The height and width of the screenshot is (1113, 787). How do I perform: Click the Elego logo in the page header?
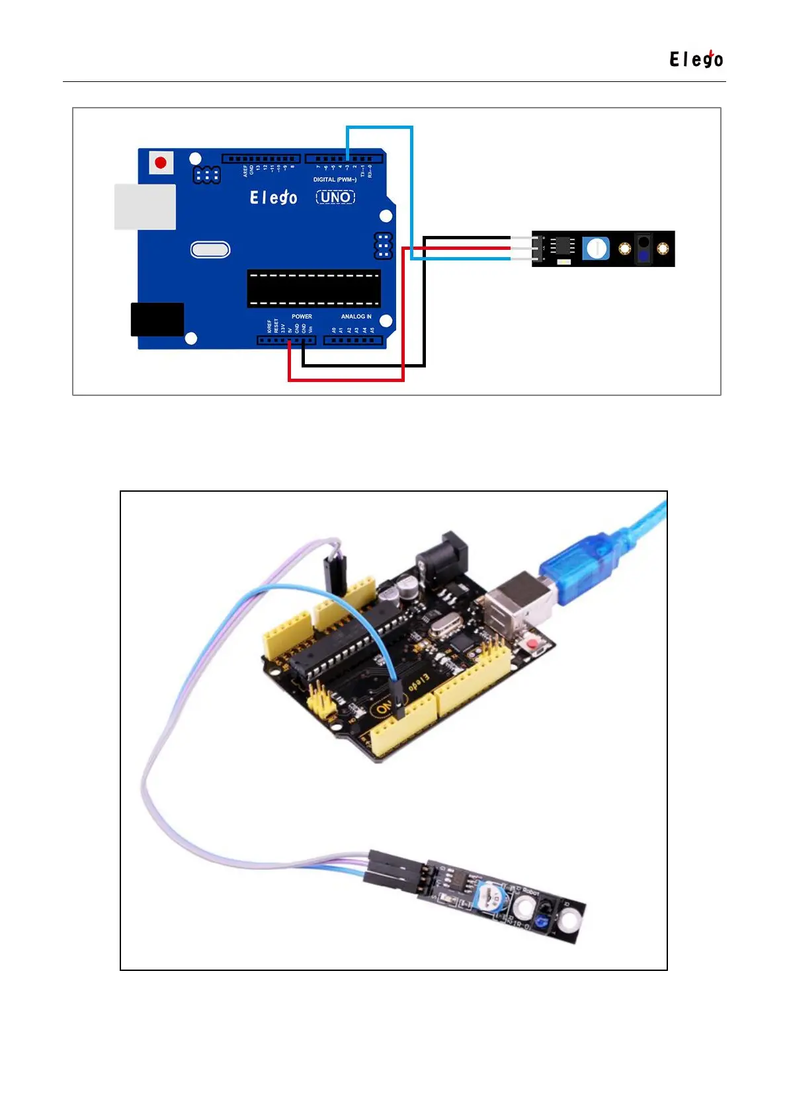click(696, 59)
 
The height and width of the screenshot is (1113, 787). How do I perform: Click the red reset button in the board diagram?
click(161, 162)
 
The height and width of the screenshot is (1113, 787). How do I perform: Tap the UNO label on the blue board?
click(335, 197)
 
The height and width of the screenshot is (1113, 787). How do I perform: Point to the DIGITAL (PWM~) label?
click(335, 180)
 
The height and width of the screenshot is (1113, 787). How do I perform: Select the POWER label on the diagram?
click(302, 317)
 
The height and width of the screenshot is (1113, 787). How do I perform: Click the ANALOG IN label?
click(356, 317)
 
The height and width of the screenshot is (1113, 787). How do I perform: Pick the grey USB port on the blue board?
click(145, 207)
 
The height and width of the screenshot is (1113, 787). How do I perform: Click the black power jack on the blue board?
click(157, 319)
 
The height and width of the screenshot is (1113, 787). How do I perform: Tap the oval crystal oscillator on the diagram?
click(210, 250)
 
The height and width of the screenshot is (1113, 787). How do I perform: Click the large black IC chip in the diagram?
click(313, 289)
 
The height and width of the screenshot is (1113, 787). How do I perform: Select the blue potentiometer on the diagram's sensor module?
click(596, 249)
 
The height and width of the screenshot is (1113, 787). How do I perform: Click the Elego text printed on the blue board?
click(273, 197)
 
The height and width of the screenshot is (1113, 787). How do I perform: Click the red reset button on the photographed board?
click(530, 643)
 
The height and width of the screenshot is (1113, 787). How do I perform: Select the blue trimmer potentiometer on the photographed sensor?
click(493, 898)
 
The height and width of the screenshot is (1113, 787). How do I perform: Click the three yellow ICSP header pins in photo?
click(320, 702)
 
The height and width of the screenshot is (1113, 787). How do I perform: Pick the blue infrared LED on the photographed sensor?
click(542, 921)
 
